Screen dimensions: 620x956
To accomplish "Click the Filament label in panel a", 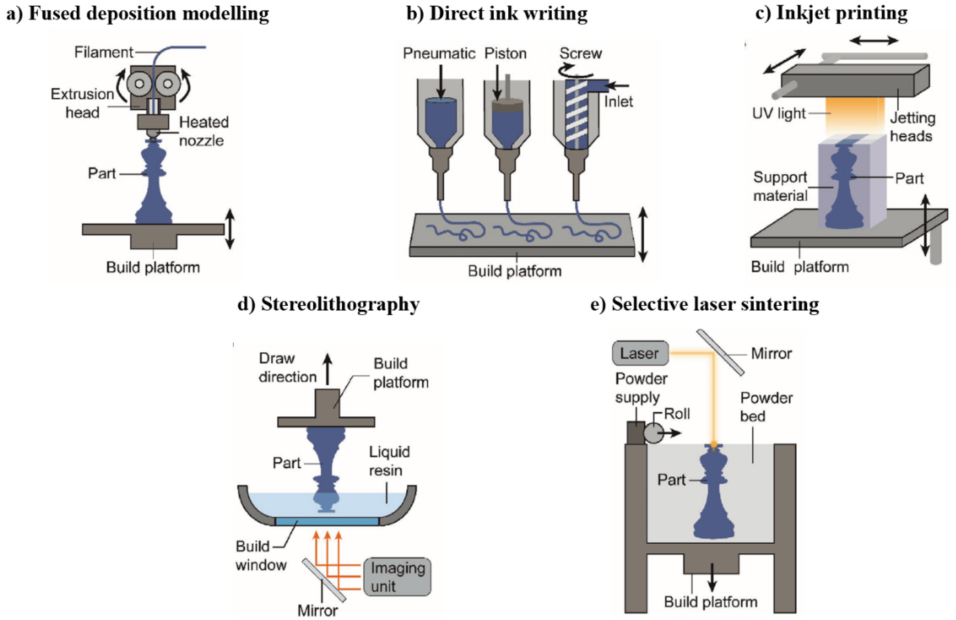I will pyautogui.click(x=104, y=52).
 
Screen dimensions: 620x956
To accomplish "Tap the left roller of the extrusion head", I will pyautogui.click(x=139, y=84).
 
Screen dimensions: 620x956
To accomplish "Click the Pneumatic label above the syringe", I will pyautogui.click(x=439, y=53).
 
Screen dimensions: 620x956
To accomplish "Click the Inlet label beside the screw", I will pyautogui.click(x=618, y=102).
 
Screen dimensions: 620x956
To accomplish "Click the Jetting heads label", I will pyautogui.click(x=912, y=127).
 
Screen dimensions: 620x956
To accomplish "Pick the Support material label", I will pyautogui.click(x=780, y=186).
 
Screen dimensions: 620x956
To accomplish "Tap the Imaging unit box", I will pyautogui.click(x=397, y=577).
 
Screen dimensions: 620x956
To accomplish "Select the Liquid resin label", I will pyautogui.click(x=389, y=461).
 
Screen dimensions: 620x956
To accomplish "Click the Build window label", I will pyautogui.click(x=261, y=556).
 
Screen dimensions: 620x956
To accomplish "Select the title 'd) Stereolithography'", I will pyautogui.click(x=328, y=304).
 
